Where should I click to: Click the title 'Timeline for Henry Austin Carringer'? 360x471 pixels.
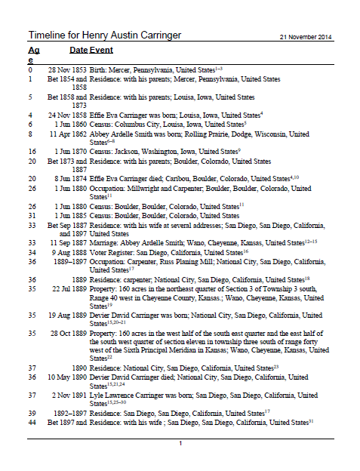point(106,36)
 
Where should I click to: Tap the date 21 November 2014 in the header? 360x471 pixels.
point(306,37)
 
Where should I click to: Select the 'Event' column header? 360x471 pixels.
point(102,50)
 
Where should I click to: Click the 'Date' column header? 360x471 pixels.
point(78,50)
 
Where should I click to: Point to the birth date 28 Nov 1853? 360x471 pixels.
point(66,69)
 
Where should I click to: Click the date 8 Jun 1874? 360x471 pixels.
point(67,178)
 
